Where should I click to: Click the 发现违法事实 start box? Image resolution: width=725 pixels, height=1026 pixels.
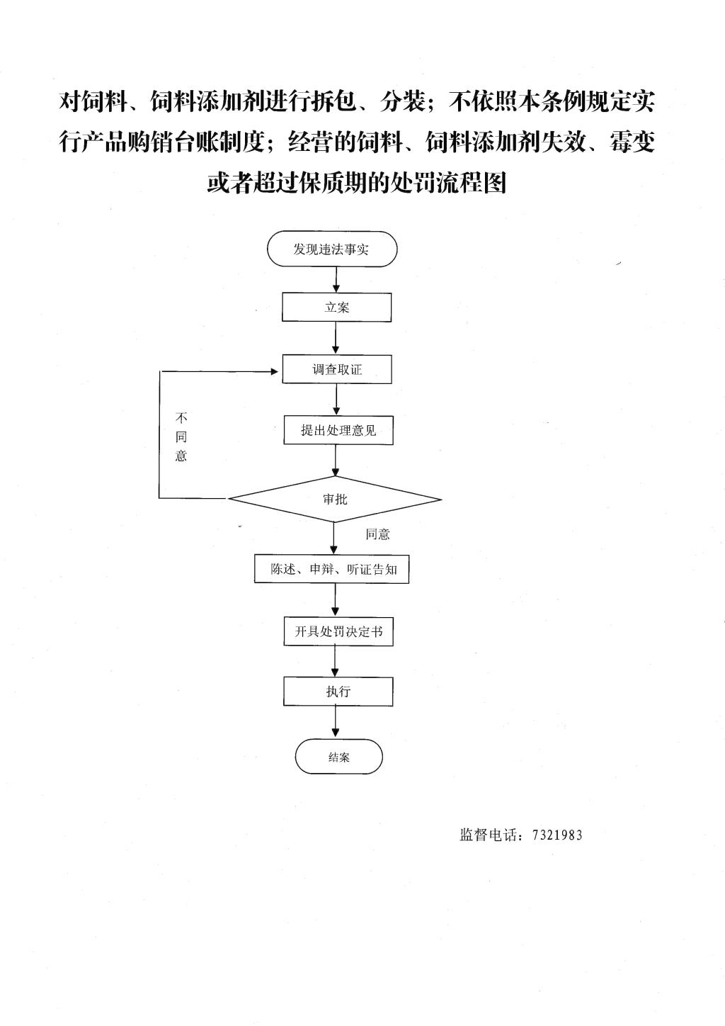332,249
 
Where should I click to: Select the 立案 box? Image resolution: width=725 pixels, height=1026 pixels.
336,307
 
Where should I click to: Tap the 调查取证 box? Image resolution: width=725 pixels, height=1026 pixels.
337,369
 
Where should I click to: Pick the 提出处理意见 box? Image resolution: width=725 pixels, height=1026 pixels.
338,430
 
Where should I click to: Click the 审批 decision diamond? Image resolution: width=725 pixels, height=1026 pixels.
335,499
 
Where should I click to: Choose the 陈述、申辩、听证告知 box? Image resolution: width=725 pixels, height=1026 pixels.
332,569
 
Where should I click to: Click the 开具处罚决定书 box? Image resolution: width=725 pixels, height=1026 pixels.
338,631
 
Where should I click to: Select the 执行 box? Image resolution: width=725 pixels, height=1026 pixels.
338,691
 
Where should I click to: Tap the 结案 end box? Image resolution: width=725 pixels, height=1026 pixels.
338,757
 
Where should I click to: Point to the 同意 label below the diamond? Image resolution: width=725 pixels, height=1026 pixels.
377,534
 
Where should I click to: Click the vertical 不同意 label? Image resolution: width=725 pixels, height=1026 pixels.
181,436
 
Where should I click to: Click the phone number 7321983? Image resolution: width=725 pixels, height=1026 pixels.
557,835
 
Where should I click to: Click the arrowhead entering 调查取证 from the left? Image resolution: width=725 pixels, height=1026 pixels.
275,371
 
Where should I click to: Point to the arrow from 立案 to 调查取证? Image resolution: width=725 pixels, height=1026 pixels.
336,338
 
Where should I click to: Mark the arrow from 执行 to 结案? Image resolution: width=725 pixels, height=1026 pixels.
336,722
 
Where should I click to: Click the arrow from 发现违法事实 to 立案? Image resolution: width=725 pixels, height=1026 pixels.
336,279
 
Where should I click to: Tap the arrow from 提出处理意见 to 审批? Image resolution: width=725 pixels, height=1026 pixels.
336,461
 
